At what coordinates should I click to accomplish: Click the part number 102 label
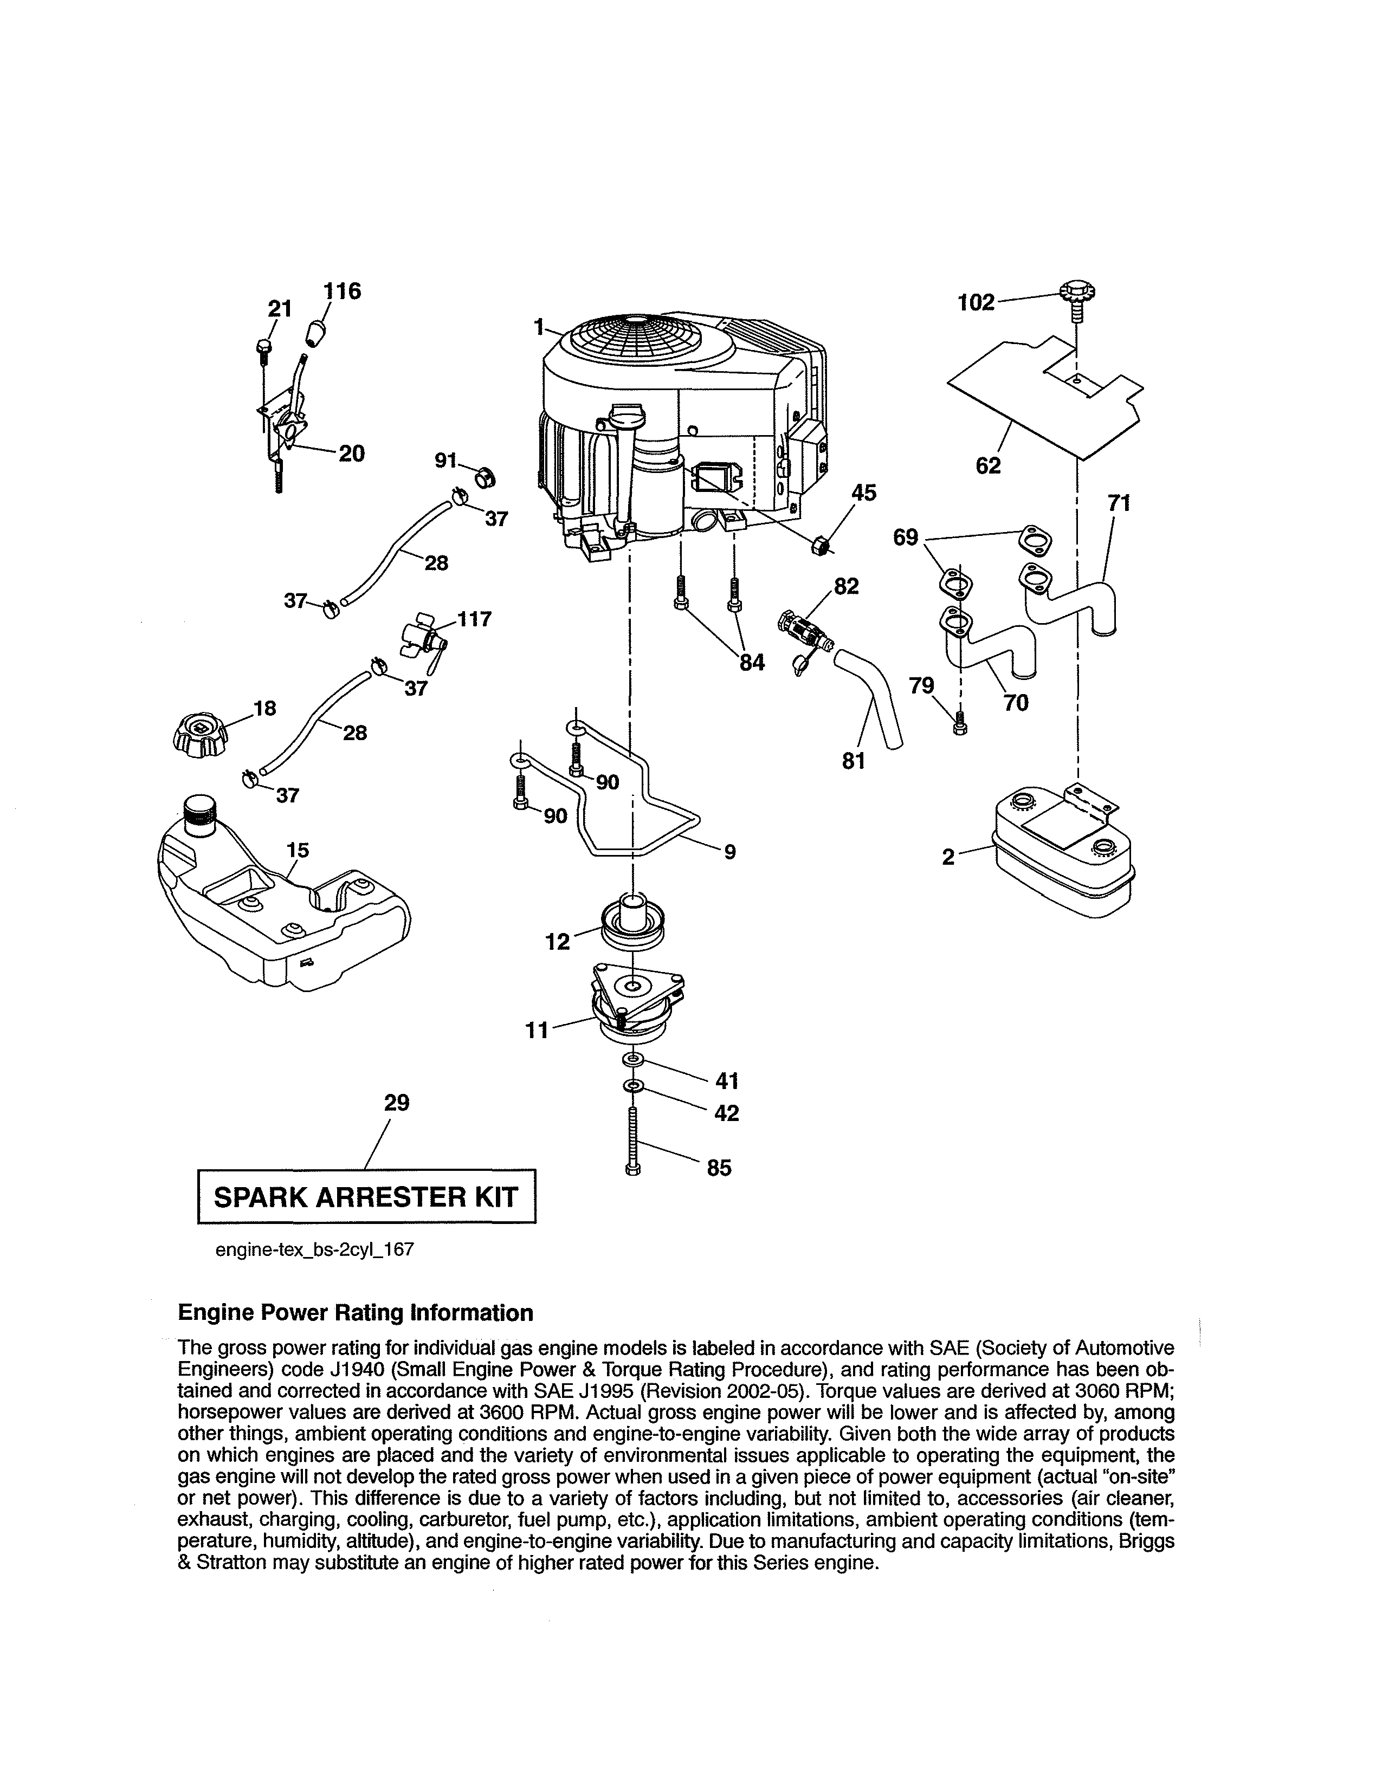976,303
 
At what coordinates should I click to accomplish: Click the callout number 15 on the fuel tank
297,850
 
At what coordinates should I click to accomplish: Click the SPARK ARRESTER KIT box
366,1197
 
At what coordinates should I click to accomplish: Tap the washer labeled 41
633,1061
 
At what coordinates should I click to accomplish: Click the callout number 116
342,291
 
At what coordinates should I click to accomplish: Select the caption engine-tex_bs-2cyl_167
314,1250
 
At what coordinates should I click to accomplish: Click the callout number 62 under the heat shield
988,465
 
